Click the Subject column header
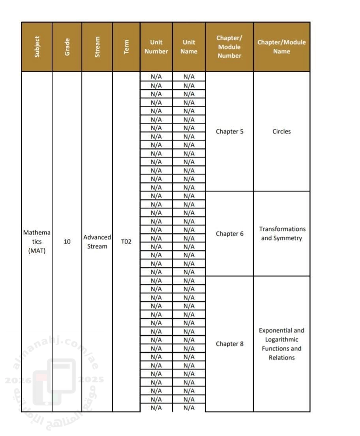tap(37, 47)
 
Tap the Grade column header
tap(67, 47)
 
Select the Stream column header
tap(97, 47)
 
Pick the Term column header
tap(126, 47)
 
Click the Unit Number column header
tap(156, 47)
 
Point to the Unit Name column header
tap(189, 47)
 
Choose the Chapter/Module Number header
tap(229, 47)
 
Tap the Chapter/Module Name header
tap(281, 47)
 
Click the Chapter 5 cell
tap(229, 132)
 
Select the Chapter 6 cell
tap(229, 234)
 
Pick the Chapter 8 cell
tap(229, 344)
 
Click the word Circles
tap(281, 132)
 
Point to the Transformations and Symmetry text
tap(281, 234)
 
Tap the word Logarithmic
tap(281, 340)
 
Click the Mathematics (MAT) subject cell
tap(37, 241)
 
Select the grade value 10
tap(67, 241)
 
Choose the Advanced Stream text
tap(97, 242)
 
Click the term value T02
tap(126, 242)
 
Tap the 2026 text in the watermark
tap(14, 380)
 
